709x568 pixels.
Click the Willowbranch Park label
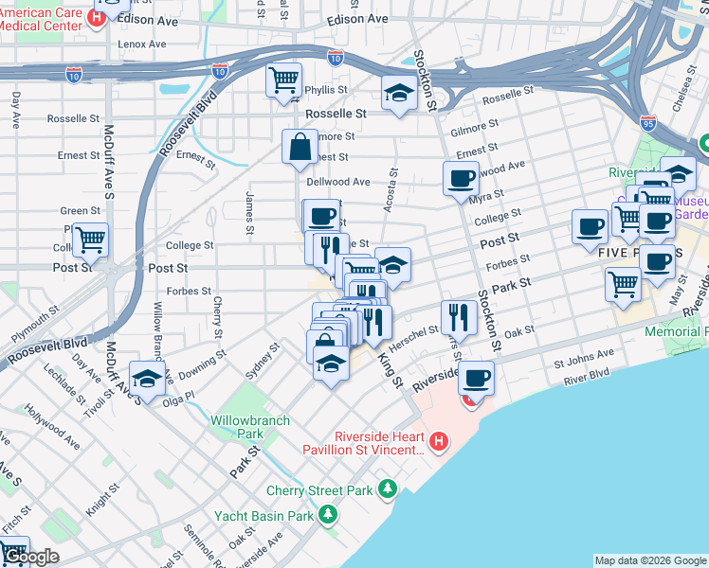pos(237,426)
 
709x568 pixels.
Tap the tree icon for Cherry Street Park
pos(387,489)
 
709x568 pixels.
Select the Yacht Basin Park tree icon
pos(328,514)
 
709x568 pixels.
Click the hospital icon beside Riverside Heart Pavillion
pos(438,441)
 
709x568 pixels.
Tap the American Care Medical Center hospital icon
pos(96,17)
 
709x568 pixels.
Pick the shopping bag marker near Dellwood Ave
pos(300,148)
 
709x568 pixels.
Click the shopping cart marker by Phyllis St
pos(284,81)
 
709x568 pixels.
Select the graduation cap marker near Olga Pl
pos(147,379)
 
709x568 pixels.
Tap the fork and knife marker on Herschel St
pos(460,318)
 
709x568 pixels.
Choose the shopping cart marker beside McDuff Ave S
pos(90,240)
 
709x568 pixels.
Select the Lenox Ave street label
pos(142,44)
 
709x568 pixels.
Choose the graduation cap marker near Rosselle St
pos(399,95)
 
